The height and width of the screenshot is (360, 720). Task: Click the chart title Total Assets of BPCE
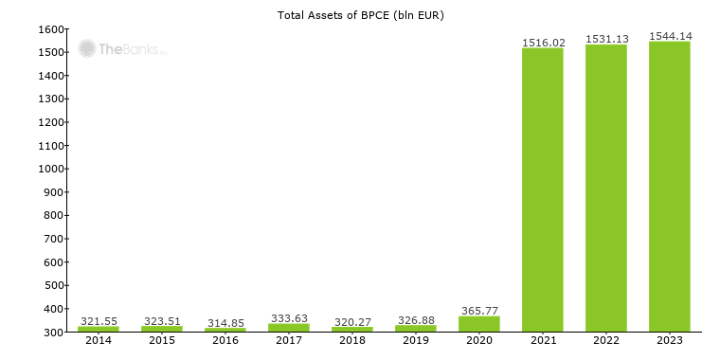point(360,15)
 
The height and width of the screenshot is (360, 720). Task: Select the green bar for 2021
point(543,189)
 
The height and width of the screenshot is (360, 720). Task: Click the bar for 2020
point(479,324)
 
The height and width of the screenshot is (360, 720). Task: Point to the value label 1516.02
point(543,42)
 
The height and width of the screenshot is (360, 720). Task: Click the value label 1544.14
point(670,36)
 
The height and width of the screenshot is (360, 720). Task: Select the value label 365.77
point(479,311)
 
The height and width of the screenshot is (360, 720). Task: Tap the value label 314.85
point(225,323)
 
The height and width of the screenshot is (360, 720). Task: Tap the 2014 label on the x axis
point(99,341)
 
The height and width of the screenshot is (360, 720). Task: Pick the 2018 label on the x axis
point(352,341)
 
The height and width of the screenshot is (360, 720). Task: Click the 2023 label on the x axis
point(670,341)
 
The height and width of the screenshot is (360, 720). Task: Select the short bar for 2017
point(289,328)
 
